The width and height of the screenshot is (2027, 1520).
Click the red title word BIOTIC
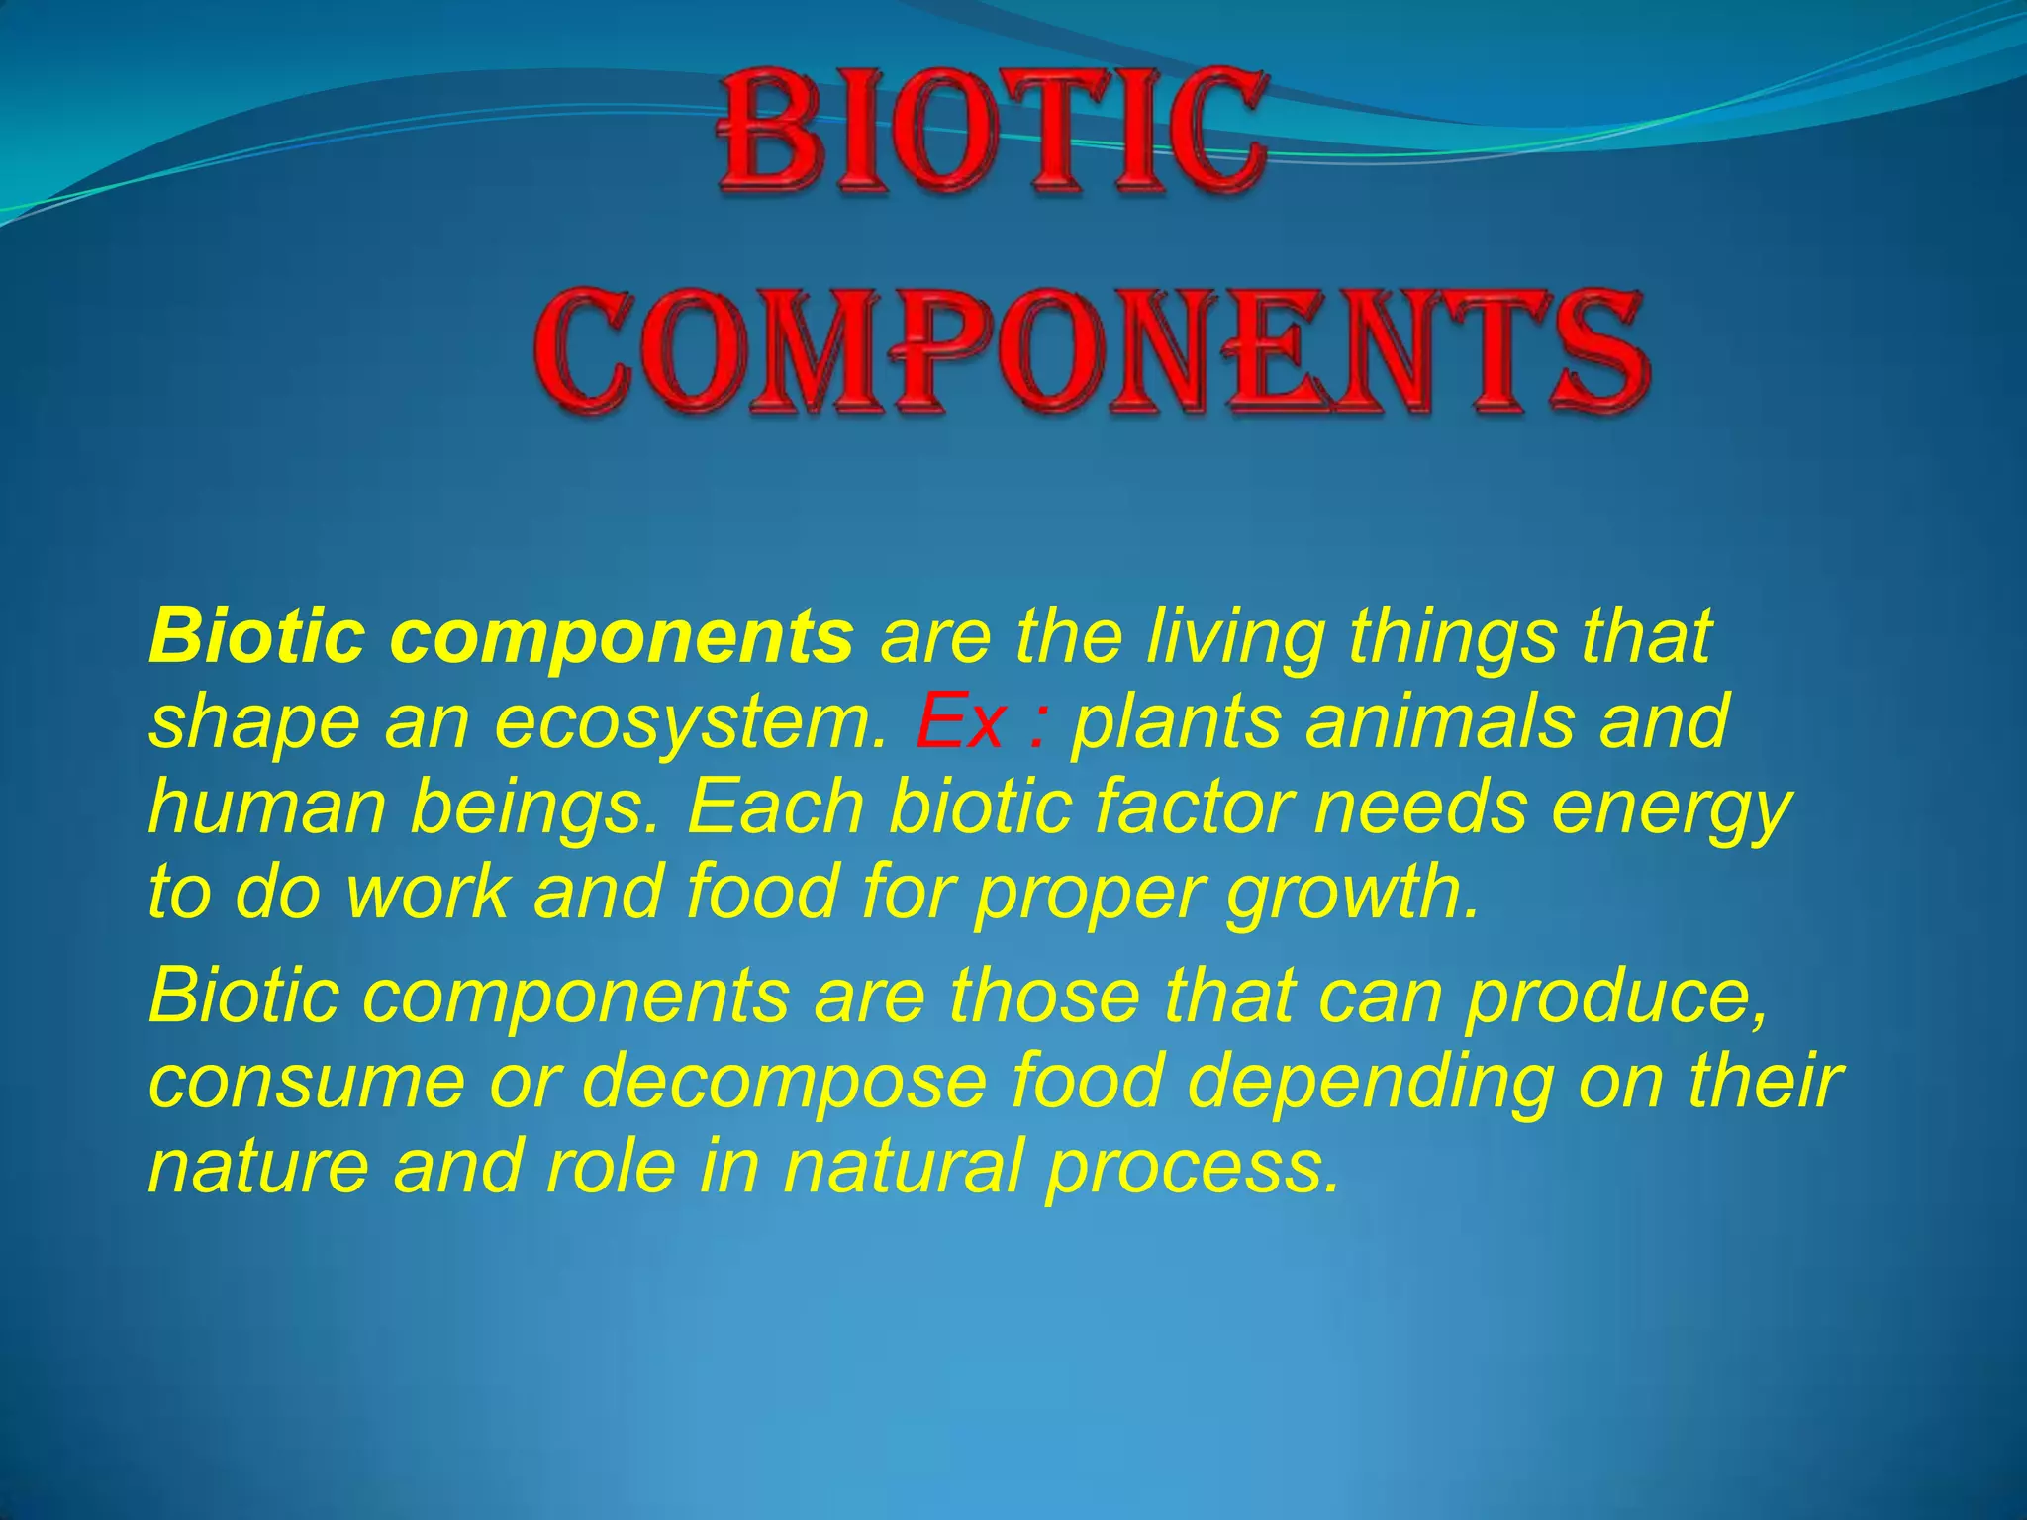tap(993, 134)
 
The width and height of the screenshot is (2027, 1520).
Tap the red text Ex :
tap(981, 722)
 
